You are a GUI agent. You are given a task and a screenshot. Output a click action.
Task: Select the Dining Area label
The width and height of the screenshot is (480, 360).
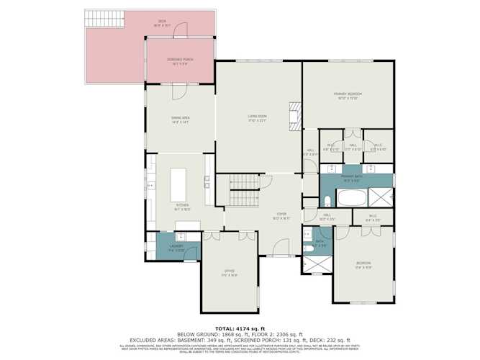pos(180,120)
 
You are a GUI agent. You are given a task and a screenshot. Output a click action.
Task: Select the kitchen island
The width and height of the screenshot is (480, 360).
pos(178,185)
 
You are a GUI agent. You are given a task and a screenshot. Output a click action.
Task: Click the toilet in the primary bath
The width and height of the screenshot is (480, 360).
pos(327,199)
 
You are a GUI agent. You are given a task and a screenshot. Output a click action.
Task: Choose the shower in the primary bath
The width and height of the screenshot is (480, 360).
pos(381,197)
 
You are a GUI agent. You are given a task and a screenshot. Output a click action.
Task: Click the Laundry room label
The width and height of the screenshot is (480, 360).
pos(176,248)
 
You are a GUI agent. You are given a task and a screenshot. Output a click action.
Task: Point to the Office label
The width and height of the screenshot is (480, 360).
pos(228,272)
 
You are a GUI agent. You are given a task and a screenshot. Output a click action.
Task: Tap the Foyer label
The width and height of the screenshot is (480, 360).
pos(281,215)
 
